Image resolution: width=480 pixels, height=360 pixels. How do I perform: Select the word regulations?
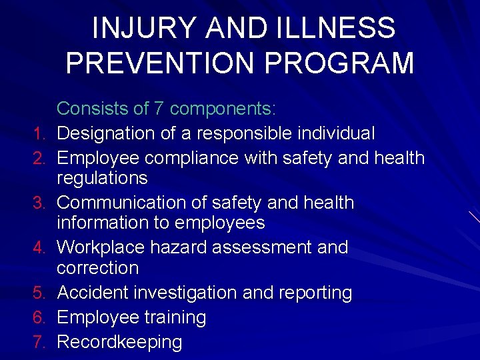(102, 178)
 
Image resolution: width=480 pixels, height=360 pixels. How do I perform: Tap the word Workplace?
(100, 247)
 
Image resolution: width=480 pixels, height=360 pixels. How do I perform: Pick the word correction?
(97, 268)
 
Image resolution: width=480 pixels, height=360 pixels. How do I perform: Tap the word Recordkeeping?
(119, 343)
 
